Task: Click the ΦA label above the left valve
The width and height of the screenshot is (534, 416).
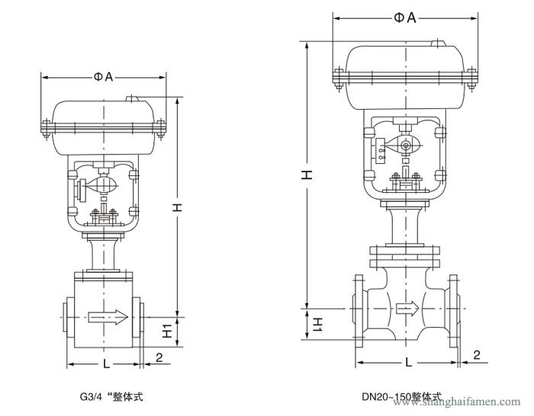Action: tap(105, 76)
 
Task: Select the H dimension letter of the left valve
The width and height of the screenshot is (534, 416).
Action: tap(176, 208)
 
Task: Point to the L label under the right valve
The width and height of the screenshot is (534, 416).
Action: tap(408, 360)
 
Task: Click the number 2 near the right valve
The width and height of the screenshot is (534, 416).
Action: tap(476, 354)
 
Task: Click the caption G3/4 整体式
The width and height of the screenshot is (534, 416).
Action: tap(111, 397)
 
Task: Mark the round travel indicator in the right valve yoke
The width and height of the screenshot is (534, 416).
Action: tap(407, 146)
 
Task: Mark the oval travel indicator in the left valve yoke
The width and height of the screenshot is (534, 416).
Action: tap(104, 184)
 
